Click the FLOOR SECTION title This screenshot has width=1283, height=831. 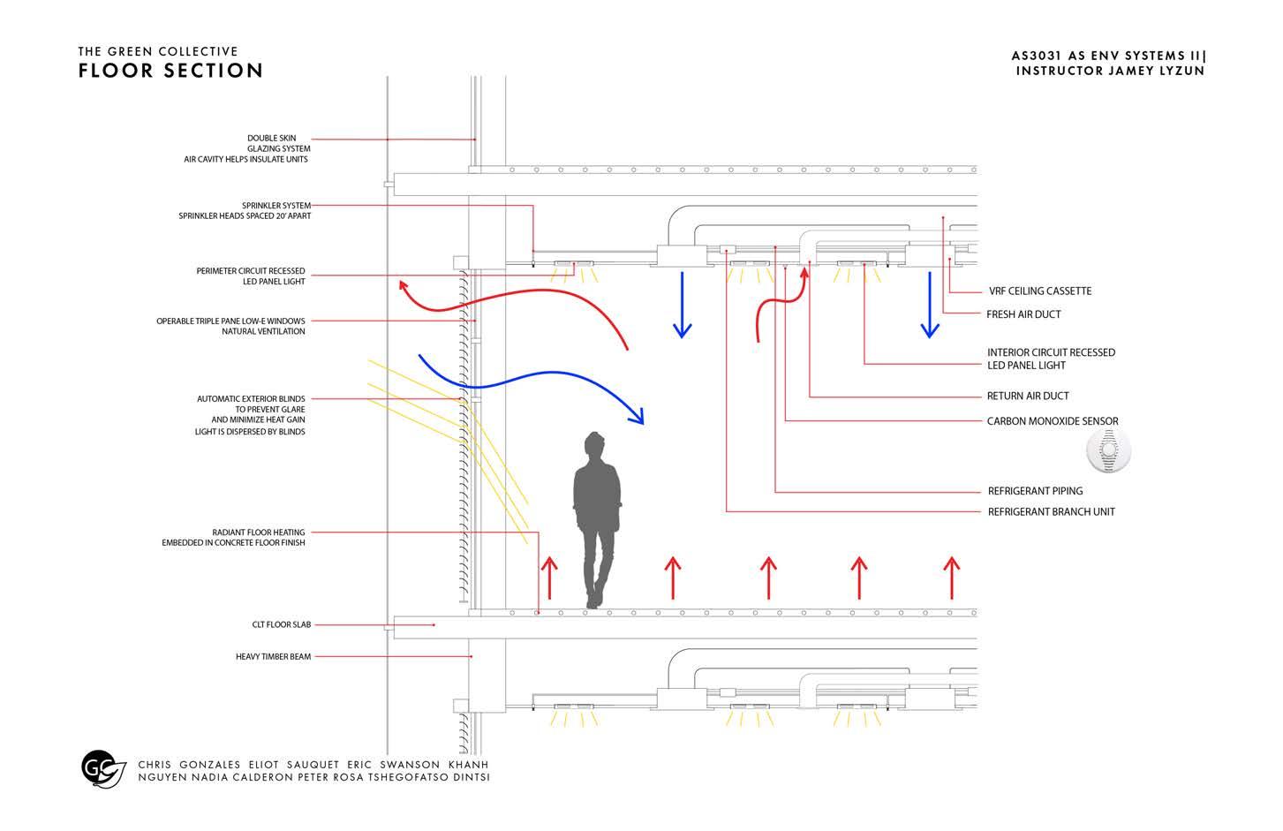click(170, 71)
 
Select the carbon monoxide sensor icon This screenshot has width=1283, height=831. click(1108, 451)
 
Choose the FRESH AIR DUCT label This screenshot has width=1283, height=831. click(1023, 314)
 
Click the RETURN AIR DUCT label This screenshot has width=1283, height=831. click(1028, 397)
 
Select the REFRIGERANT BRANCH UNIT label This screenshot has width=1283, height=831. click(1051, 512)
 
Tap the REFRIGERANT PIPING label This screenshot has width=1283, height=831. click(1035, 491)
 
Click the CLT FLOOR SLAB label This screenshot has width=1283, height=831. click(282, 625)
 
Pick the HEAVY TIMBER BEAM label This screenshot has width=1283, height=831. click(273, 657)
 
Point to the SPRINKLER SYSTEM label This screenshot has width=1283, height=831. click(276, 206)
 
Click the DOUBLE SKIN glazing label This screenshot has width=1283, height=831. click(272, 139)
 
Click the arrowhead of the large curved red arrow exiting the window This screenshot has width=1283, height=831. click(404, 285)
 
